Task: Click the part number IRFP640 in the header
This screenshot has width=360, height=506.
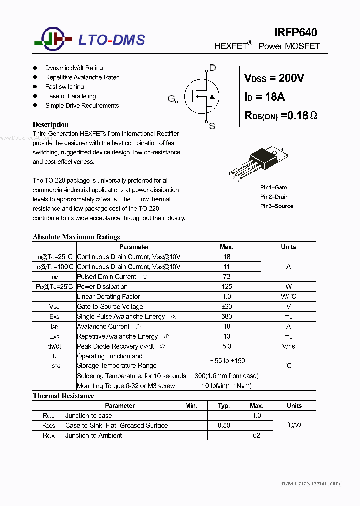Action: pos(295,32)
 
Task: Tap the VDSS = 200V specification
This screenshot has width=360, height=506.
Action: pos(274,78)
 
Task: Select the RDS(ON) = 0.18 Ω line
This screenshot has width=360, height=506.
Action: pos(280,115)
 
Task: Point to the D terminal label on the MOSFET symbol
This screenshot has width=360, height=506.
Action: pos(212,68)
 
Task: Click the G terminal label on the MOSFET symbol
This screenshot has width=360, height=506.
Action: pos(171,99)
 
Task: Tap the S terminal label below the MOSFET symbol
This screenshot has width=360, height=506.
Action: pos(212,126)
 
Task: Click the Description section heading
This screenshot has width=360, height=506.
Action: pos(50,124)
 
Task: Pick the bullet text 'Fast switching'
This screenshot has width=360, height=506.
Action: pos(64,87)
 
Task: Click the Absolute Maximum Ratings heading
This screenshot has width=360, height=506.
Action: pos(76,237)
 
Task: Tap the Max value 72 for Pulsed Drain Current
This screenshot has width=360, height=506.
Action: pos(226,277)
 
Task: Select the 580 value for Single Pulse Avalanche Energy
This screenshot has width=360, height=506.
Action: pos(226,317)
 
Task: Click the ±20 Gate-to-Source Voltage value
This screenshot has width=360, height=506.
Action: pos(226,307)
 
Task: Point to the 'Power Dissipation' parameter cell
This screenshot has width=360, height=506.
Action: pos(102,287)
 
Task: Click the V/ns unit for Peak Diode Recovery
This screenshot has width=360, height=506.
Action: pos(288,346)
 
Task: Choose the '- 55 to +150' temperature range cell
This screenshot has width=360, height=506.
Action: pos(226,361)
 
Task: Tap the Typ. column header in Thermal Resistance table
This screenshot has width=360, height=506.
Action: pos(224,406)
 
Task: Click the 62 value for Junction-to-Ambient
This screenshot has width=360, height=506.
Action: pos(256,436)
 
